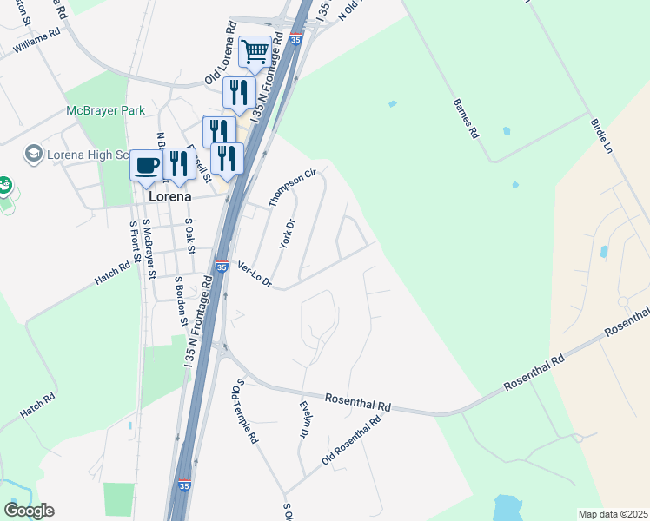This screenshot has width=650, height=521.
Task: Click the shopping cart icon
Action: coord(254,50)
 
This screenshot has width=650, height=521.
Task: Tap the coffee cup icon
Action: coord(146,164)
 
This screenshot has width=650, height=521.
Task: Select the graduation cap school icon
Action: coord(34,154)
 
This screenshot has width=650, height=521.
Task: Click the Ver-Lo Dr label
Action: coord(255,276)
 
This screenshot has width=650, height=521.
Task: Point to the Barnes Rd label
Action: coord(466,119)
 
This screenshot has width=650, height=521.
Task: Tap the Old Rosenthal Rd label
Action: coord(351,440)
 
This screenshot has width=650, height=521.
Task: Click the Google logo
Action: coord(29,511)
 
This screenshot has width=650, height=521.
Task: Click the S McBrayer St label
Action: coord(149,249)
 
